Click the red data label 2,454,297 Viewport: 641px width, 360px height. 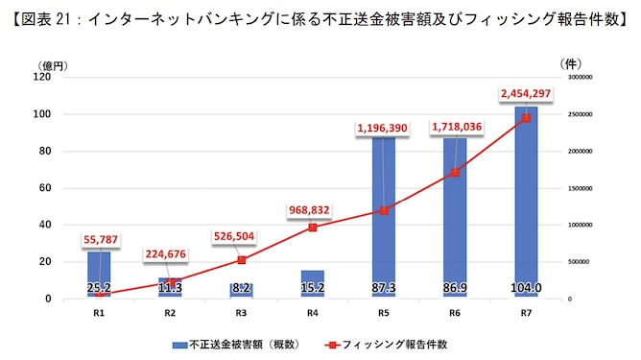tap(525, 93)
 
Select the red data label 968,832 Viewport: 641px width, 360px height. tap(312, 208)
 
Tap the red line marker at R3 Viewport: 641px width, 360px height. tap(242, 260)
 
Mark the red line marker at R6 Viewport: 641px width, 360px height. tap(455, 172)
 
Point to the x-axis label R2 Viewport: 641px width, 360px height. tap(170, 312)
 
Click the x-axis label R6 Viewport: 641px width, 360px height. tap(454, 312)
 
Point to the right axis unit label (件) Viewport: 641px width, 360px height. tap(569, 62)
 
